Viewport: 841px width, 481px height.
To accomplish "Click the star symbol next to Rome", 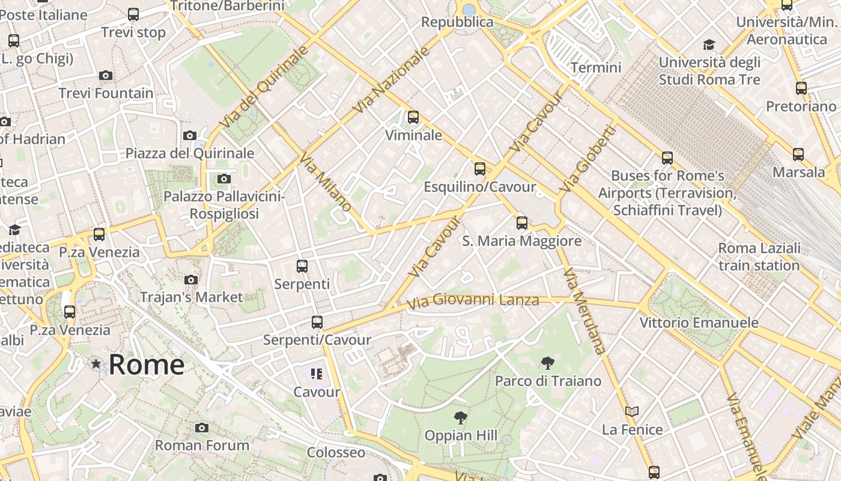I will pyautogui.click(x=96, y=364).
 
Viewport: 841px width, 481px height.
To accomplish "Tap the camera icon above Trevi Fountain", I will pyautogui.click(x=106, y=75).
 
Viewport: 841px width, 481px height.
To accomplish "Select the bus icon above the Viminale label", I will pyautogui.click(x=413, y=117).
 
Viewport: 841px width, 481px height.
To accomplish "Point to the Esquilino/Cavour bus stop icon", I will pyautogui.click(x=479, y=169).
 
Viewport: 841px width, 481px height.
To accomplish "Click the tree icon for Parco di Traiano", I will pyautogui.click(x=547, y=363).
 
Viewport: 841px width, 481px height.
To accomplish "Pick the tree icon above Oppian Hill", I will pyautogui.click(x=461, y=417).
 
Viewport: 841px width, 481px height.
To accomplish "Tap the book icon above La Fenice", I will pyautogui.click(x=631, y=412).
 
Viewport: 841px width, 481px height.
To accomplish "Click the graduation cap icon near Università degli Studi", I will pyautogui.click(x=709, y=45).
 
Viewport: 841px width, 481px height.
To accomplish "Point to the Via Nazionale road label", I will pyautogui.click(x=392, y=81).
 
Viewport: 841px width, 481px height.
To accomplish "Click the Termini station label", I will pyautogui.click(x=596, y=67).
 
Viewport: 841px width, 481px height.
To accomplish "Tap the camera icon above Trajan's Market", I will pyautogui.click(x=191, y=280).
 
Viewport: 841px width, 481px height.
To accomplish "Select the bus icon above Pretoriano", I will pyautogui.click(x=801, y=88).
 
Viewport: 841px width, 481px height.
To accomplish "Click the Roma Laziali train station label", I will pyautogui.click(x=759, y=257).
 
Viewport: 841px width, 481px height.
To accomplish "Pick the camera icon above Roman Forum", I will pyautogui.click(x=202, y=427).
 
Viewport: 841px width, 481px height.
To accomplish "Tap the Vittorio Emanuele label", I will pyautogui.click(x=699, y=323).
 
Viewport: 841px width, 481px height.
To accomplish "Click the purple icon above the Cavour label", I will pyautogui.click(x=317, y=374).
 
